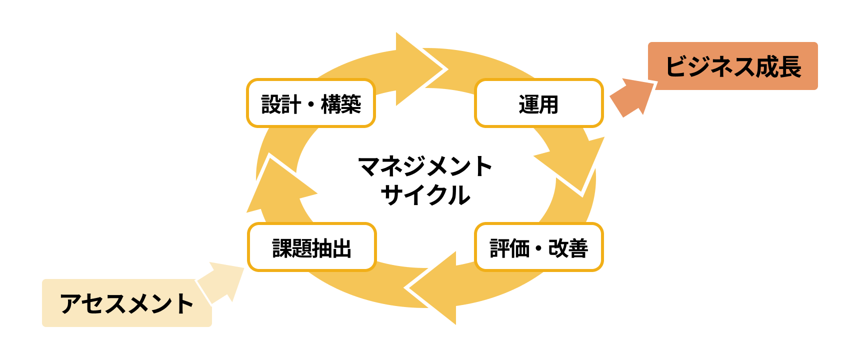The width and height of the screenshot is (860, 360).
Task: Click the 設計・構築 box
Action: tap(310, 103)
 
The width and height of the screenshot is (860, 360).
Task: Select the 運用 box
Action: tap(538, 103)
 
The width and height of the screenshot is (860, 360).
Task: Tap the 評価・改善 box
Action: tap(538, 247)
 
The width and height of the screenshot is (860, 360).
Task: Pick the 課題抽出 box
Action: tap(311, 247)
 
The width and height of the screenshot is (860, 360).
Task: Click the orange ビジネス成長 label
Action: tap(732, 66)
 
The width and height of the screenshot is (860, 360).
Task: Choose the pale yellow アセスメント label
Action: tap(126, 303)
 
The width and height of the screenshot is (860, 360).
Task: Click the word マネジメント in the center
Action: tap(425, 166)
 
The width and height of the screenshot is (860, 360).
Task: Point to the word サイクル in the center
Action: tap(425, 195)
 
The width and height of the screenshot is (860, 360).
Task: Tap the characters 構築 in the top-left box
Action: tap(341, 104)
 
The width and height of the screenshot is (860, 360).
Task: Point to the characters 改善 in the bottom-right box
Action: tap(568, 248)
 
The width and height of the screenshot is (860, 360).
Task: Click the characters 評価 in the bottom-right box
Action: tap(509, 248)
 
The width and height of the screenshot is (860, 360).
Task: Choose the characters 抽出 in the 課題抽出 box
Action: tap(331, 248)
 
